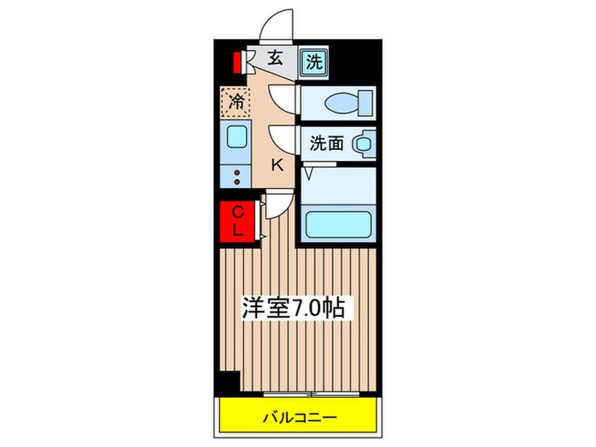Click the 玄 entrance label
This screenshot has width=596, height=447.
(x=275, y=59)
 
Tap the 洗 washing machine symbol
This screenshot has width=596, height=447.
(x=314, y=61)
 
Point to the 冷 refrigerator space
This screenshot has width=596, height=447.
(x=237, y=102)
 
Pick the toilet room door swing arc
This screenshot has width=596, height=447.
(x=281, y=98)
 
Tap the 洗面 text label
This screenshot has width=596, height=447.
(x=326, y=144)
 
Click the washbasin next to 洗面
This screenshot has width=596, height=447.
(x=364, y=144)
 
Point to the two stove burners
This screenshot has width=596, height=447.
(x=237, y=175)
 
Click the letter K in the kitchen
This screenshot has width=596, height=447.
(x=276, y=165)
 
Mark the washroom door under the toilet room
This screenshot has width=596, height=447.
(x=281, y=137)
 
